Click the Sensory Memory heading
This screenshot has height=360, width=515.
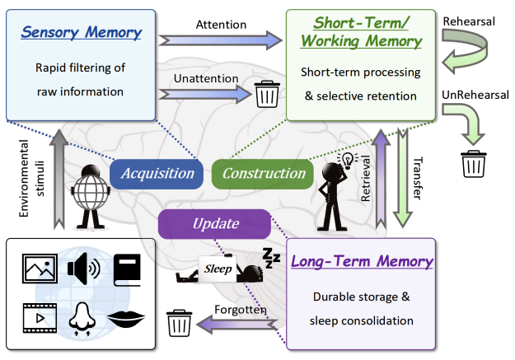pos(81,34)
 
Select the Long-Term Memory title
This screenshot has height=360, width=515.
pos(362,262)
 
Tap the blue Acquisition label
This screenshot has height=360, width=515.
pos(157,173)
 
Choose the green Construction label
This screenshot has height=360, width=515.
pos(264,173)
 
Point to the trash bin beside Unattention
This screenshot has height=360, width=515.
pos(266,94)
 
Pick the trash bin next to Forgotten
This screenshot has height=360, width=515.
pos(180,321)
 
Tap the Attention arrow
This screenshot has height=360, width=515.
pos(221,38)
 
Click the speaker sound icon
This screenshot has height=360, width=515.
pos(84,268)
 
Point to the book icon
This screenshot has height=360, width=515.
pos(126,268)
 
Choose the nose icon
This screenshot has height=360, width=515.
pos(81,318)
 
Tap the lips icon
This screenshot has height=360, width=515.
pos(126,318)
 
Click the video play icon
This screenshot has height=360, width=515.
pos(37,318)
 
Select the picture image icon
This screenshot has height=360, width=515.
pos(37,268)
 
